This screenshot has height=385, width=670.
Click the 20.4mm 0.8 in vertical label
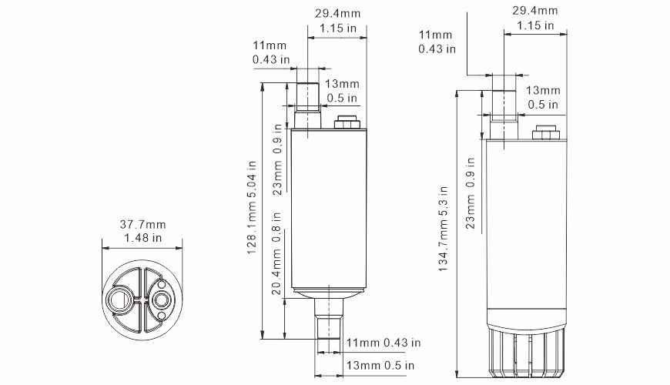[278, 257]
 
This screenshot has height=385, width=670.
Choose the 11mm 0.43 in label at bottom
[383, 342]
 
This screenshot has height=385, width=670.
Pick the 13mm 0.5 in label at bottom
[382, 364]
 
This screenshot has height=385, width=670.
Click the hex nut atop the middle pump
[346, 122]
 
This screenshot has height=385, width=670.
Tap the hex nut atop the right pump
[544, 132]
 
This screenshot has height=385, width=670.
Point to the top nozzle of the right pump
[504, 109]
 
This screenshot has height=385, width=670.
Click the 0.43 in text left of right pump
[437, 49]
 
